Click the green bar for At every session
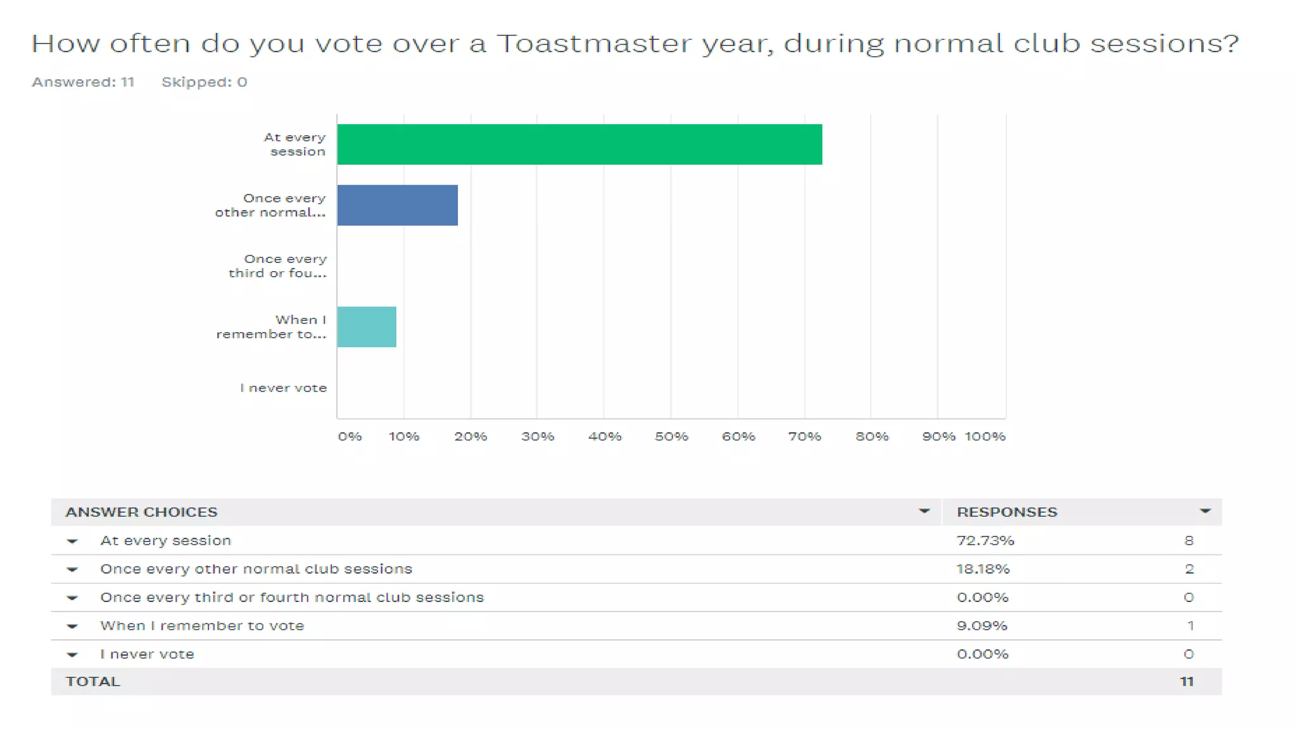click(579, 144)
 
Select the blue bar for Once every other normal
click(397, 205)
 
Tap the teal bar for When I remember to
click(366, 327)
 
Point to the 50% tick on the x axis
click(671, 437)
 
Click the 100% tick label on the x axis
click(985, 437)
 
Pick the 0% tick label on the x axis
click(350, 437)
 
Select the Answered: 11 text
click(83, 82)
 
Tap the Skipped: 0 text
click(204, 82)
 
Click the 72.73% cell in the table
click(985, 541)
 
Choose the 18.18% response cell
click(982, 569)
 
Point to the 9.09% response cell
click(981, 625)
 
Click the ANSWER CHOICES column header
click(141, 512)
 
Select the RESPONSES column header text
click(1006, 512)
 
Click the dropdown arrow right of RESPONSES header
click(1205, 511)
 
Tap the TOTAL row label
click(92, 682)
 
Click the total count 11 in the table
click(1186, 682)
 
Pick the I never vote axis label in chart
click(283, 388)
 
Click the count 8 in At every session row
click(1189, 541)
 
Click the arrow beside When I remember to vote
click(72, 626)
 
